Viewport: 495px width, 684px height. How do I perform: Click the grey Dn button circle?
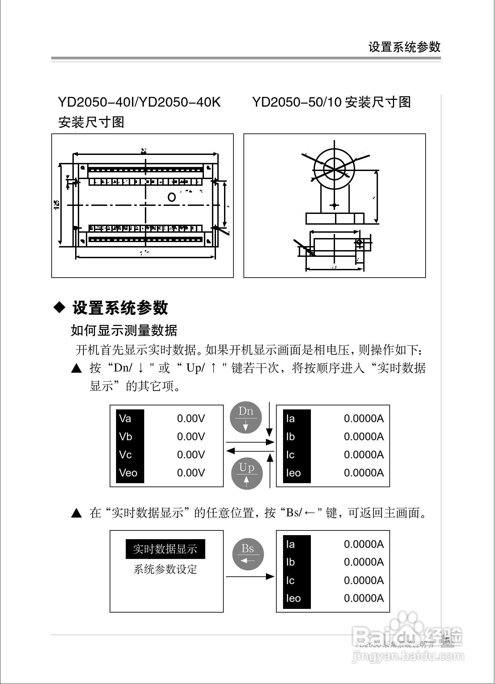tap(246, 418)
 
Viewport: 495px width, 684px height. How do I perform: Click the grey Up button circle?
tap(247, 473)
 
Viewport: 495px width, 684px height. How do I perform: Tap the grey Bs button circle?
tap(248, 555)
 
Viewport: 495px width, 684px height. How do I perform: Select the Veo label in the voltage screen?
tap(128, 473)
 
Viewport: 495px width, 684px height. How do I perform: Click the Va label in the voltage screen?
tap(125, 418)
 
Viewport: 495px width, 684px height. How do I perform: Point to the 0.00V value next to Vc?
tap(191, 455)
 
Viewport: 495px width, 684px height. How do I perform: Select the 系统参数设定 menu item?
tap(165, 569)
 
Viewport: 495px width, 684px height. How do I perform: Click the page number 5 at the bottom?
tap(447, 641)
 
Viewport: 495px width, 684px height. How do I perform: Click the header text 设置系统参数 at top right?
tap(404, 47)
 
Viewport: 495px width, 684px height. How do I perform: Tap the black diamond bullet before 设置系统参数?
tap(60, 307)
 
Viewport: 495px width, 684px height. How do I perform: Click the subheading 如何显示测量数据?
tap(124, 331)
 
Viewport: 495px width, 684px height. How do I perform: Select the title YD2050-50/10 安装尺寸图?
tap(331, 102)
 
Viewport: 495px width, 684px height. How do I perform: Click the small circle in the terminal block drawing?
tap(172, 197)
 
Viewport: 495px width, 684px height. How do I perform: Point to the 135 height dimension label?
tap(57, 205)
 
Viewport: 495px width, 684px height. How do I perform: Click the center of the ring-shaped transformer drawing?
tap(334, 169)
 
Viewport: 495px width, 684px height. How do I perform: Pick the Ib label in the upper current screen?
tap(290, 437)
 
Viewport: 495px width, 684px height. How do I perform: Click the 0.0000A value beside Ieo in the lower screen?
tap(364, 598)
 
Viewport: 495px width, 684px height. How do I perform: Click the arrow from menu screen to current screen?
tap(250, 576)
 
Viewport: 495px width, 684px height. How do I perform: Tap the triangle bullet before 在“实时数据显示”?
tap(76, 513)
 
